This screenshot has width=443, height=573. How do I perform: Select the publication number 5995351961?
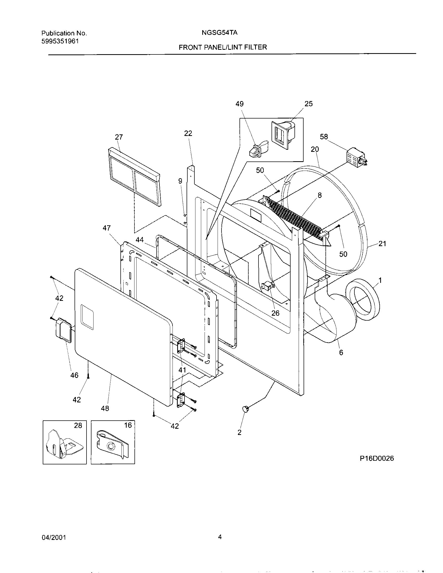60,41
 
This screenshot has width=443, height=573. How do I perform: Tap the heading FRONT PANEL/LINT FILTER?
223,47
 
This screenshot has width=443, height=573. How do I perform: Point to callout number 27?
119,137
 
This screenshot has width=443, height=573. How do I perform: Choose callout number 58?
324,137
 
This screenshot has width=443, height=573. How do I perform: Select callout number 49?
239,104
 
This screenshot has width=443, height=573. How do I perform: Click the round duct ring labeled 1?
363,300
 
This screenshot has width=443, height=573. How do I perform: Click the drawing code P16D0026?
377,458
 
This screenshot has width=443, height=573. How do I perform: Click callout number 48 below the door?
105,408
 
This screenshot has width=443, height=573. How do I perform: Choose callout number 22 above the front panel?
188,133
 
